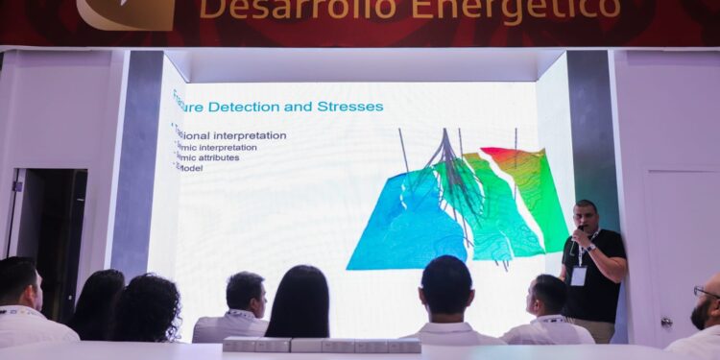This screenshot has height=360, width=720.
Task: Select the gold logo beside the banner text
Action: pos(126,12)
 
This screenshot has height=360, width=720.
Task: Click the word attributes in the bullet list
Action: pos(217,157)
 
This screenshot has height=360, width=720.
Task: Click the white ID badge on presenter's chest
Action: pos(579,276)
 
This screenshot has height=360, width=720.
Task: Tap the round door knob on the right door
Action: pos(666,322)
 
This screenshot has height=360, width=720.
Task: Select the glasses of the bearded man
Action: pos(707,291)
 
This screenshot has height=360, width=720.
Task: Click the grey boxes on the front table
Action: pos(322,345)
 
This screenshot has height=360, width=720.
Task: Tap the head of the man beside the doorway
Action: pos(19,283)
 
